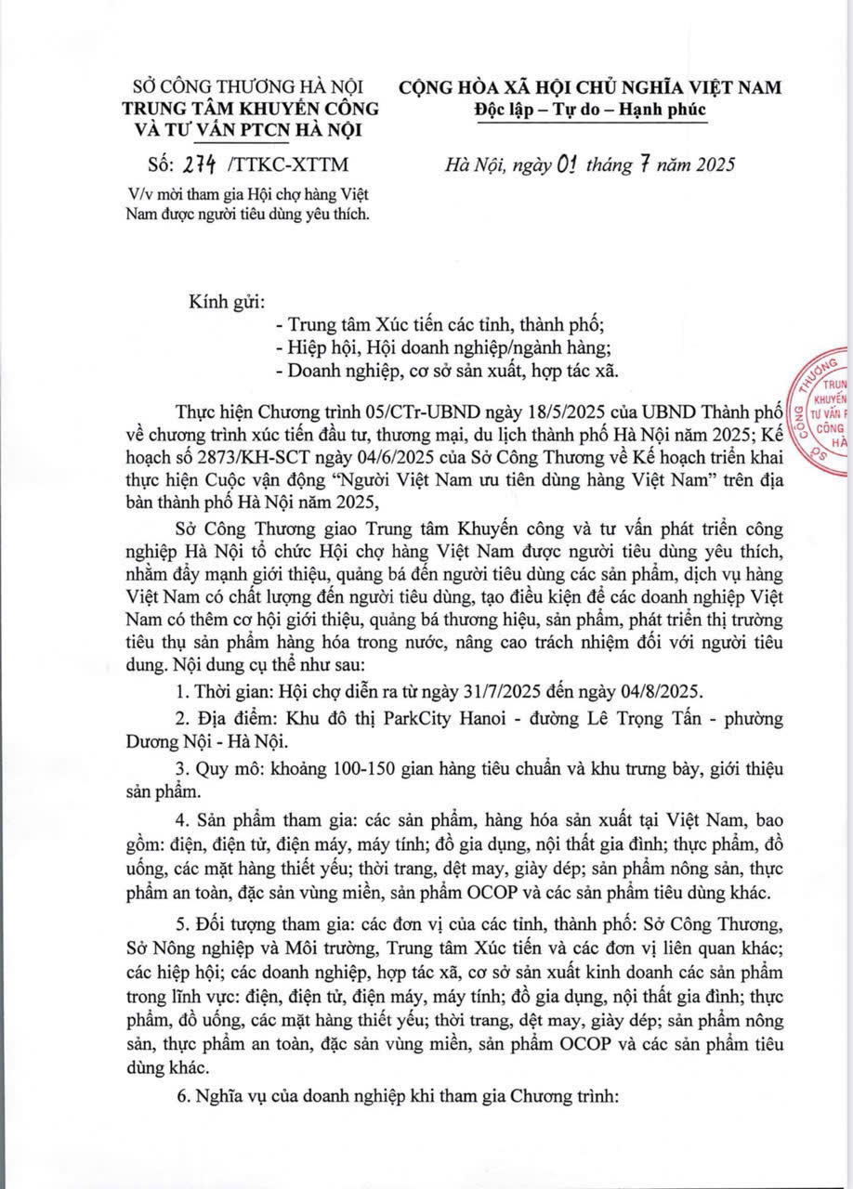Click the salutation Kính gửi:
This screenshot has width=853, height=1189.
(x=228, y=303)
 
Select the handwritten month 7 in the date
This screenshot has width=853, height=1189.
(x=637, y=164)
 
